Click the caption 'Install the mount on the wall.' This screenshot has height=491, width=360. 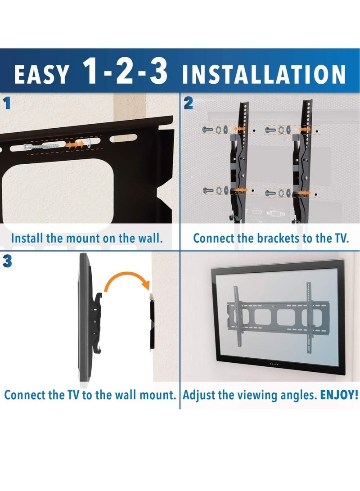(x=87, y=238)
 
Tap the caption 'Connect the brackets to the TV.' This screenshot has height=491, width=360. (x=271, y=238)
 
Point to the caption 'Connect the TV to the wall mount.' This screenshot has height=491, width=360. (x=90, y=396)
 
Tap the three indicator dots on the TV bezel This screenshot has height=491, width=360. (x=271, y=364)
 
